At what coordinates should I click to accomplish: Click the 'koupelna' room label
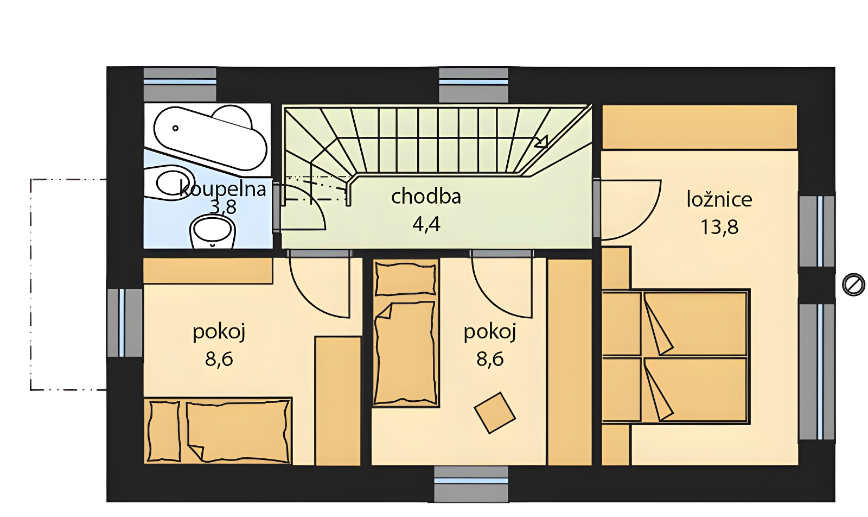[223, 190]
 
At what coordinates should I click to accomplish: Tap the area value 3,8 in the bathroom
[223, 207]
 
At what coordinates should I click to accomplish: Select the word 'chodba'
[426, 196]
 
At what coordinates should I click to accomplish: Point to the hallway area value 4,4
[426, 224]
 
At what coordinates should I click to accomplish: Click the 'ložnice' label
[719, 199]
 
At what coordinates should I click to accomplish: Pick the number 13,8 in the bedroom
[719, 228]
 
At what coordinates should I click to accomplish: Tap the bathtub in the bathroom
[211, 138]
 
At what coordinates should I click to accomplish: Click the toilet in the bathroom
[213, 232]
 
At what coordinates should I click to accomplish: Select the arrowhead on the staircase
[541, 142]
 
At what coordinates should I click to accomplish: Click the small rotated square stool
[495, 412]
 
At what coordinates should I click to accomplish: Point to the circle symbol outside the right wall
[854, 284]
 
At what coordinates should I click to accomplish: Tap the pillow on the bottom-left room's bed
[165, 431]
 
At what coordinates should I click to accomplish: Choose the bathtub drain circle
[176, 128]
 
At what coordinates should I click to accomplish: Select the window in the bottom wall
[471, 484]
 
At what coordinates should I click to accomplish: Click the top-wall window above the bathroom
[180, 85]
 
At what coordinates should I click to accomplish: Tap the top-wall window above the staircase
[473, 85]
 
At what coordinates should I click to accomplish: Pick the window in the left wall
[125, 323]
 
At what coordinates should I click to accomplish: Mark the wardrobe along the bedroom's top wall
[699, 127]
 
